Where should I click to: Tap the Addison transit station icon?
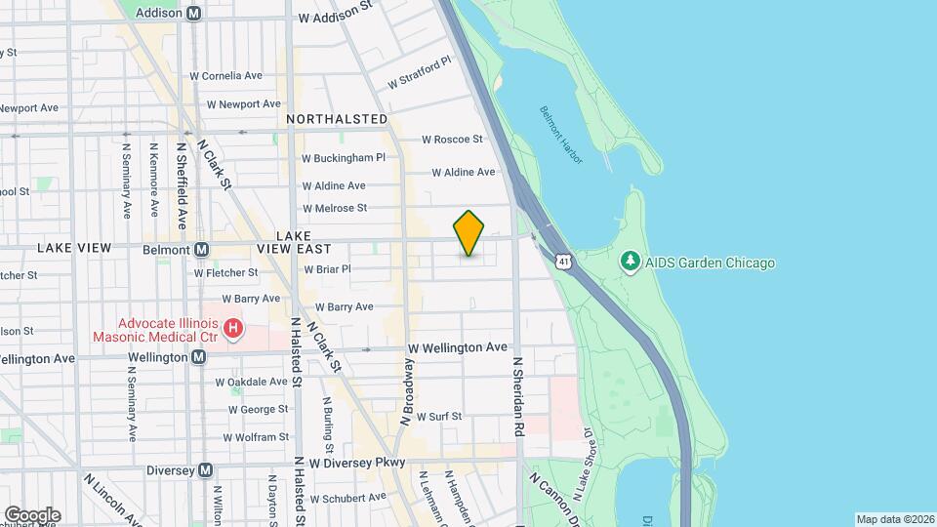194,14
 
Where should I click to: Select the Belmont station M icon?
201,250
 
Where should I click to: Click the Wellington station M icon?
198,357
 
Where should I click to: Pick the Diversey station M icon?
205,469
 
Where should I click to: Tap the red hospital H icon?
233,329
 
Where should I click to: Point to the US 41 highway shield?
564,262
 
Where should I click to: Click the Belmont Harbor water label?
560,130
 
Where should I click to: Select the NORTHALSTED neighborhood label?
337,119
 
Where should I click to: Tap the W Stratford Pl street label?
420,72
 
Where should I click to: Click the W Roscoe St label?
452,140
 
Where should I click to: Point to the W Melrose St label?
334,208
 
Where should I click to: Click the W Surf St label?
438,417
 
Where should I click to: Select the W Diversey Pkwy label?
357,463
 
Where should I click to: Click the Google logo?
31,514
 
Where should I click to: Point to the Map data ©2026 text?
894,519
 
